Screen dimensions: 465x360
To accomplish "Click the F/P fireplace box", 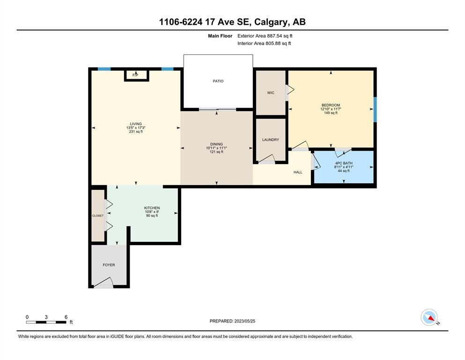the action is tap(136, 75).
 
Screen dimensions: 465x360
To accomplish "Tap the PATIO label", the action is tap(218, 81).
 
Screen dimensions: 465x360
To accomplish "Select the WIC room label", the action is tap(271, 93).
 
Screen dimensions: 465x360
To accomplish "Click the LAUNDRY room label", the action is tap(271, 140).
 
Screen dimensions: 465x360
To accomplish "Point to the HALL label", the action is tap(298, 172).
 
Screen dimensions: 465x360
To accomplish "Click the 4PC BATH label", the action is tap(344, 163).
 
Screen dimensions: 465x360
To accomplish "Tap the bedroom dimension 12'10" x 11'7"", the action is tap(331, 109).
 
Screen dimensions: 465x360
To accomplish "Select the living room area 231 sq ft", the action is tap(136, 131).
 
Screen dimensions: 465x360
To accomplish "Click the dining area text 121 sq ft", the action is tap(216, 152).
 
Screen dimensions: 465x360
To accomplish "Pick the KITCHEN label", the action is tap(152, 208).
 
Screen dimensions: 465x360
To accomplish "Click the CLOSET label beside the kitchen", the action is tap(98, 216).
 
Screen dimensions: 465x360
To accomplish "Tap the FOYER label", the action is tap(109, 265).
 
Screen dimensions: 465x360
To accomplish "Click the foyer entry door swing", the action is tap(103, 283).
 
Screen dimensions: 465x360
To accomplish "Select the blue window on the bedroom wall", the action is tap(375, 109).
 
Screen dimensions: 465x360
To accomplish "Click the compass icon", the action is tap(429, 317).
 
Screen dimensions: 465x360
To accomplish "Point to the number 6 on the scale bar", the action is tap(66, 317).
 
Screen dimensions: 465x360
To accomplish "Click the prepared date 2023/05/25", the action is tap(244, 321).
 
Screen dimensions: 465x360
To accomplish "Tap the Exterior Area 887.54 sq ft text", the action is tap(265, 36).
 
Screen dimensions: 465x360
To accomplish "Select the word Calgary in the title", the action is tap(271, 22).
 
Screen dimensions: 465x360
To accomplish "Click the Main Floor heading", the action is tap(220, 36).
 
